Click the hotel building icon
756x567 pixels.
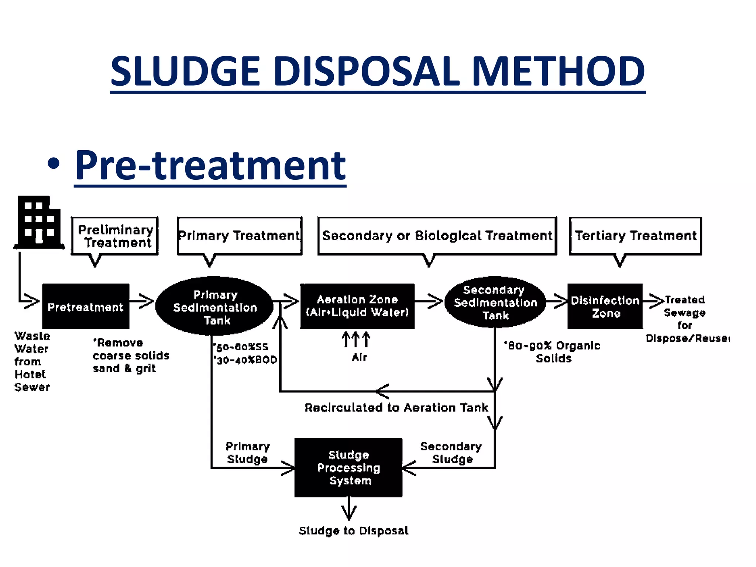pyautogui.click(x=39, y=223)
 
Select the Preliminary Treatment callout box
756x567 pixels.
pyautogui.click(x=115, y=236)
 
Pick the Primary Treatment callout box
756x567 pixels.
pyautogui.click(x=239, y=236)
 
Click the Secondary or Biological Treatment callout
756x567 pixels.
pyautogui.click(x=437, y=236)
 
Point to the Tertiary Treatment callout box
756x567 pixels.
pyautogui.click(x=635, y=236)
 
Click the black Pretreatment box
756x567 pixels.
pyautogui.click(x=86, y=306)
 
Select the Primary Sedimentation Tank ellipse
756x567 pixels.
pyautogui.click(x=214, y=306)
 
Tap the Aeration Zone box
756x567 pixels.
pyautogui.click(x=357, y=306)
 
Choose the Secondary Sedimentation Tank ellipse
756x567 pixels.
pyautogui.click(x=495, y=302)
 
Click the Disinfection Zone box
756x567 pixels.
pyautogui.click(x=605, y=306)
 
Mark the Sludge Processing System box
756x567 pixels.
pyautogui.click(x=348, y=467)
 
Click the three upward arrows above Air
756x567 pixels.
pyautogui.click(x=356, y=339)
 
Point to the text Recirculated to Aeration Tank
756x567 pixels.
pyautogui.click(x=396, y=408)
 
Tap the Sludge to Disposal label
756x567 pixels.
pyautogui.click(x=354, y=531)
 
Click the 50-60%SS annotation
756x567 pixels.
pyautogui.click(x=241, y=347)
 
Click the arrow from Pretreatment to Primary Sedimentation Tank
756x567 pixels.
pyautogui.click(x=142, y=302)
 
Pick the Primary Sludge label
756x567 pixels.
pyautogui.click(x=248, y=453)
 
